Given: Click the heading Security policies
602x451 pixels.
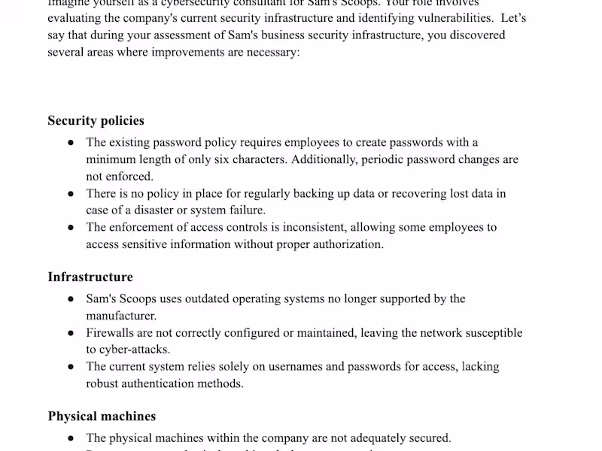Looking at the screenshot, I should pyautogui.click(x=96, y=121).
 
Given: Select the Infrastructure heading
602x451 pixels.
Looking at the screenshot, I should pyautogui.click(x=90, y=277).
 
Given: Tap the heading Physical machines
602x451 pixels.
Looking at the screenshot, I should pyautogui.click(x=102, y=416).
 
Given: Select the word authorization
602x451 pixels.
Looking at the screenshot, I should pyautogui.click(x=348, y=244).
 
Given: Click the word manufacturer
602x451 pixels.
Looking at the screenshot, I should pyautogui.click(x=120, y=316).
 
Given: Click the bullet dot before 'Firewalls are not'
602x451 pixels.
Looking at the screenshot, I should pyautogui.click(x=70, y=333).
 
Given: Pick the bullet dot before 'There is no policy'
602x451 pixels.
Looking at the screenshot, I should pyautogui.click(x=70, y=194).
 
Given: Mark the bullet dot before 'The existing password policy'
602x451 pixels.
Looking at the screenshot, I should pyautogui.click(x=70, y=143).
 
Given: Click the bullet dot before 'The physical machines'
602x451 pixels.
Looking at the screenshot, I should pyautogui.click(x=70, y=438).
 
